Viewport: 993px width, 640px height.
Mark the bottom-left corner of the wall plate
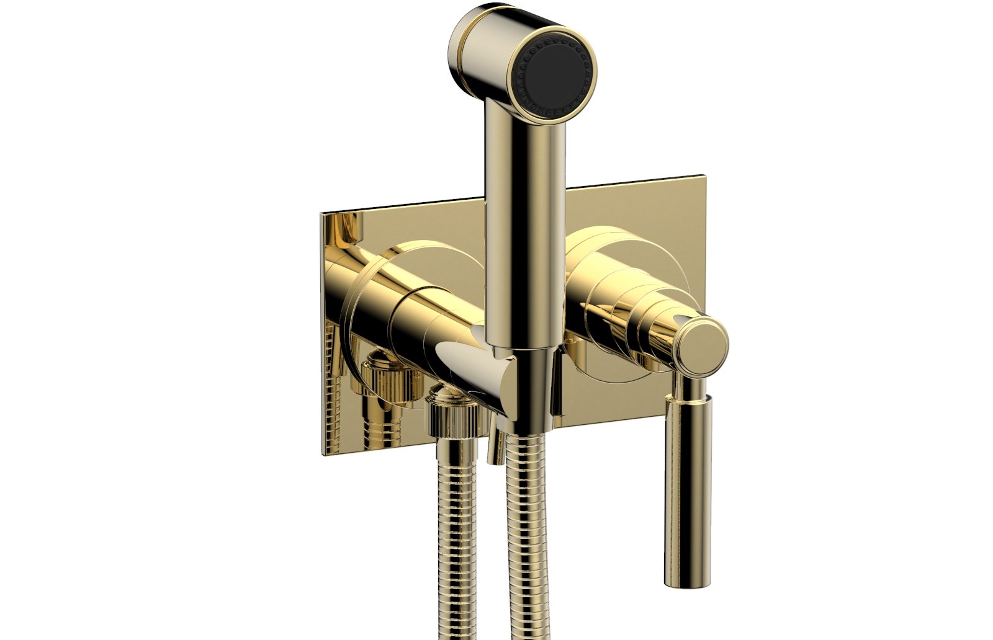323,449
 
